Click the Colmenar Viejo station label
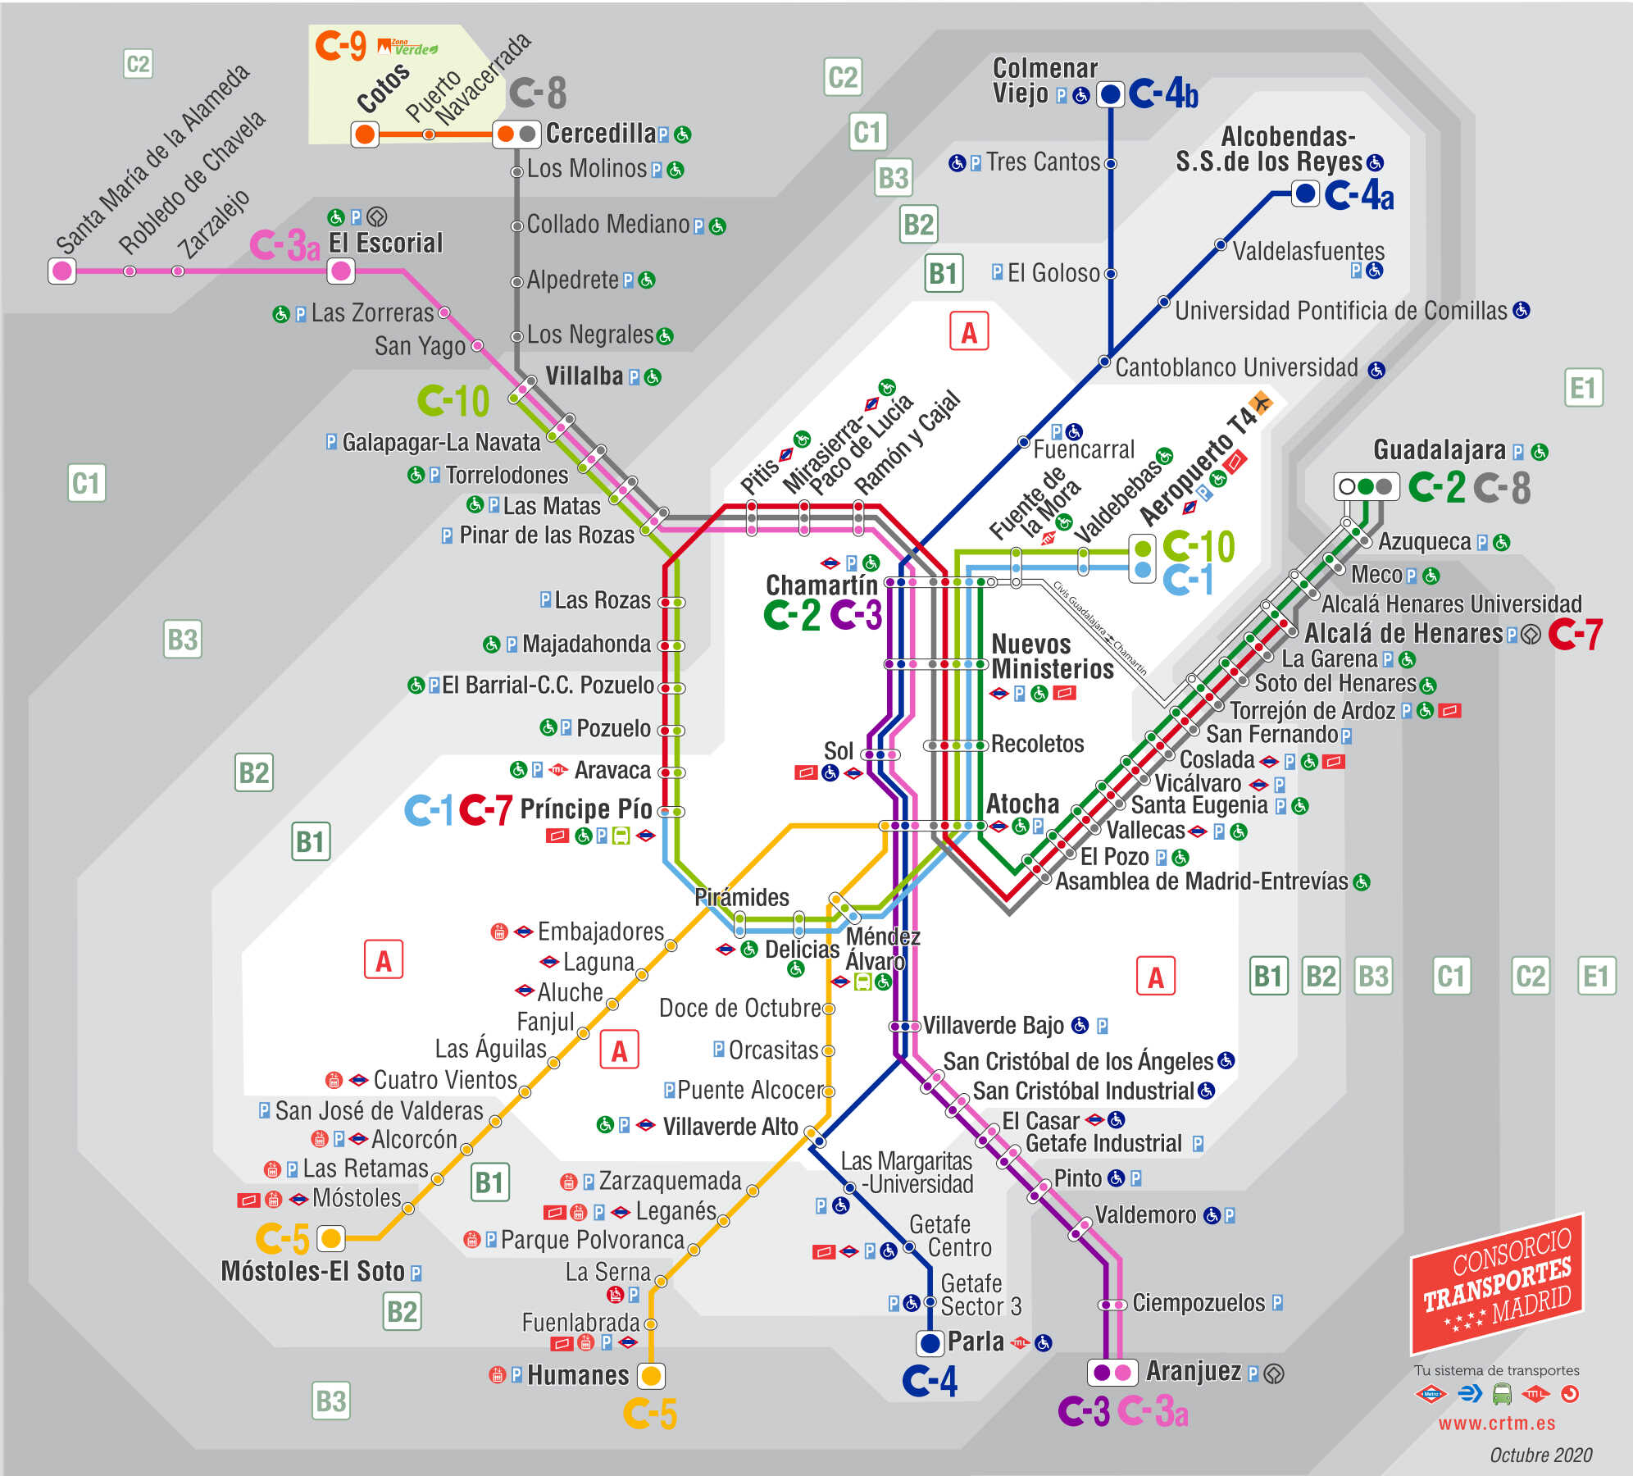[1044, 80]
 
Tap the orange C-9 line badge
[340, 46]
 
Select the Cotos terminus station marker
[365, 134]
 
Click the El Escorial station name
[385, 244]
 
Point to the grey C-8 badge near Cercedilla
[538, 93]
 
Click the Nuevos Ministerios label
[1052, 657]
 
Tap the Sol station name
[838, 751]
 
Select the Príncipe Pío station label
[586, 809]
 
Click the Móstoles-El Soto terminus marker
[330, 1237]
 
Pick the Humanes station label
[577, 1375]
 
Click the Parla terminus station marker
[930, 1342]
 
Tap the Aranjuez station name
[1193, 1371]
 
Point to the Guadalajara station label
[1439, 450]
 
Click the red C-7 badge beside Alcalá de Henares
[1575, 634]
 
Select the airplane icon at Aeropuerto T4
[1260, 403]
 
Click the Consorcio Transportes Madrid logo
[1497, 1283]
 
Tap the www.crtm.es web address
[1496, 1424]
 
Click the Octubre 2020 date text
[1540, 1455]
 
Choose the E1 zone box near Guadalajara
[1582, 388]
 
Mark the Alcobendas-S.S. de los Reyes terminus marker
[1304, 194]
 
